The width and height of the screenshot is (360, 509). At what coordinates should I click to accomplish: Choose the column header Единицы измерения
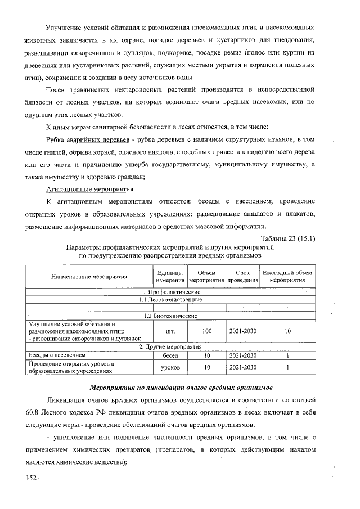(x=170, y=276)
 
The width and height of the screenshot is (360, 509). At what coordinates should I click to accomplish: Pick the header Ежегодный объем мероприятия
(x=287, y=276)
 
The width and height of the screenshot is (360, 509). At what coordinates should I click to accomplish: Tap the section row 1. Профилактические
(x=170, y=292)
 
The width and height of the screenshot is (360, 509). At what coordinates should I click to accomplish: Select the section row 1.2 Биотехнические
(x=170, y=316)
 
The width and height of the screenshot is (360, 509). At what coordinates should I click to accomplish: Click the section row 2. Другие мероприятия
(x=170, y=347)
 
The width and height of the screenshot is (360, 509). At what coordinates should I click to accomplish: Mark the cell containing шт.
(x=170, y=331)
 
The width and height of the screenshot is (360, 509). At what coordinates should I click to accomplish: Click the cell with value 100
(x=206, y=331)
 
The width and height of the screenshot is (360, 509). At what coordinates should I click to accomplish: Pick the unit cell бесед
(x=170, y=356)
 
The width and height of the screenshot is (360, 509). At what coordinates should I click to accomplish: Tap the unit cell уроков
(x=170, y=367)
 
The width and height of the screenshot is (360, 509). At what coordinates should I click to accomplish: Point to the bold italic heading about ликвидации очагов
(x=181, y=388)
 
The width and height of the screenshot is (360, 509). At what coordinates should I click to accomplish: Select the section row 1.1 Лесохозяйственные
(x=170, y=300)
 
